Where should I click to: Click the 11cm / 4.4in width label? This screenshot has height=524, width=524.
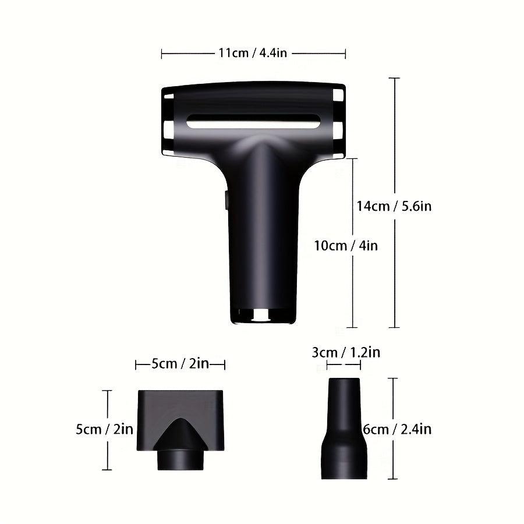[253, 54]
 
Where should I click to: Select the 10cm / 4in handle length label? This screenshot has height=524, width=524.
[346, 246]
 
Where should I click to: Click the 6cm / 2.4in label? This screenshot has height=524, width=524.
[398, 430]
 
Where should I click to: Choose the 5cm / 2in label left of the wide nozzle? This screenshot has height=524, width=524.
[105, 430]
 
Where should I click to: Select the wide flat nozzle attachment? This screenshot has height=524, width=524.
[180, 419]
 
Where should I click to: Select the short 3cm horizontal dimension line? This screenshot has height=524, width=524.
[344, 365]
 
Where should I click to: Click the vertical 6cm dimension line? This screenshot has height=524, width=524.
[394, 396]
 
